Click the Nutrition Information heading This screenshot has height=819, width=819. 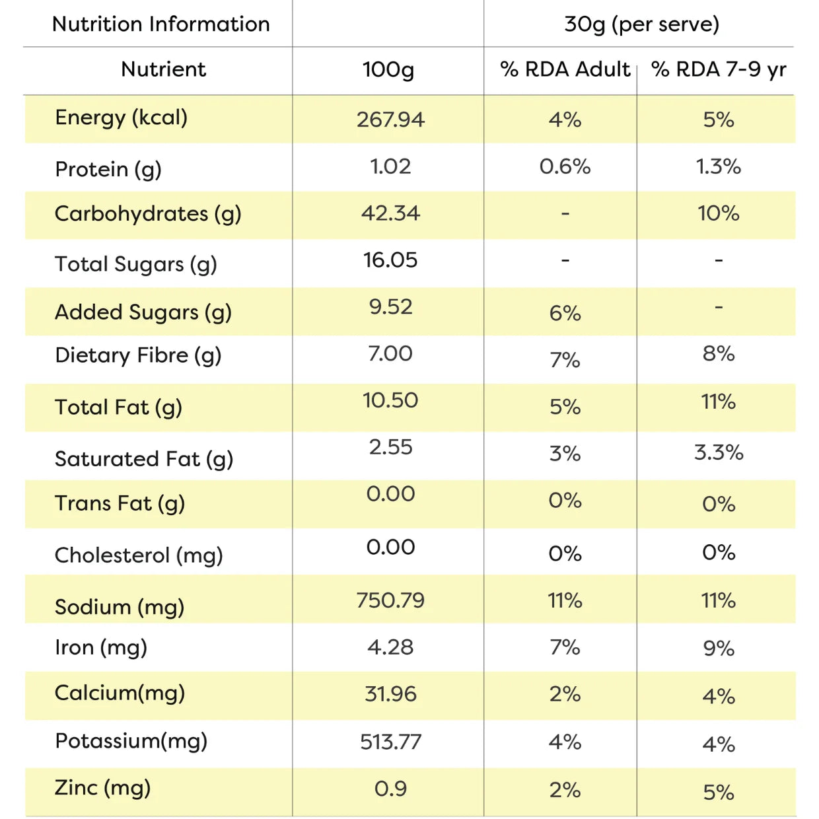pos(161,24)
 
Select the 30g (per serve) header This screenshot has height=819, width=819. pos(642,24)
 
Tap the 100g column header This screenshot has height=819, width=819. pos(388,70)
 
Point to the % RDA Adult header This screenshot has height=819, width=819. pos(565,69)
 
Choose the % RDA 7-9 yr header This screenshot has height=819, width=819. pos(719,70)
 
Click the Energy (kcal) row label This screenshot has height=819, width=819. pos(121,118)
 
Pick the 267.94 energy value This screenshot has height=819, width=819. pos(390,120)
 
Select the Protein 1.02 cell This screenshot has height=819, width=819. pos(390,166)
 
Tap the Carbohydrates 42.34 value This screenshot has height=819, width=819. pos(390,213)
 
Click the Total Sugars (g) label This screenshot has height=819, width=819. pos(136,264)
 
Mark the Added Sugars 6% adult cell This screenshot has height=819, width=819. pos(565,313)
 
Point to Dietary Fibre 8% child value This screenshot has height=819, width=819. pos(718,353)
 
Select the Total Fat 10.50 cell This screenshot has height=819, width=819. pos(390,400)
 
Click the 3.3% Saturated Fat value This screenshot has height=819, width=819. pos(719,452)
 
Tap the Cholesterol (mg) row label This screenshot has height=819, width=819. pos(139,555)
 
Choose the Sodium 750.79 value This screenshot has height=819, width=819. pos(390,600)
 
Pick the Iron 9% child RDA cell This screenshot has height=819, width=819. pos(718,649)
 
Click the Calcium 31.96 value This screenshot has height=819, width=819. pos(390,694)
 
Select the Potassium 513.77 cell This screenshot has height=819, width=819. pos(390,742)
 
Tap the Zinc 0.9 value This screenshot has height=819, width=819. pos(390,789)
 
